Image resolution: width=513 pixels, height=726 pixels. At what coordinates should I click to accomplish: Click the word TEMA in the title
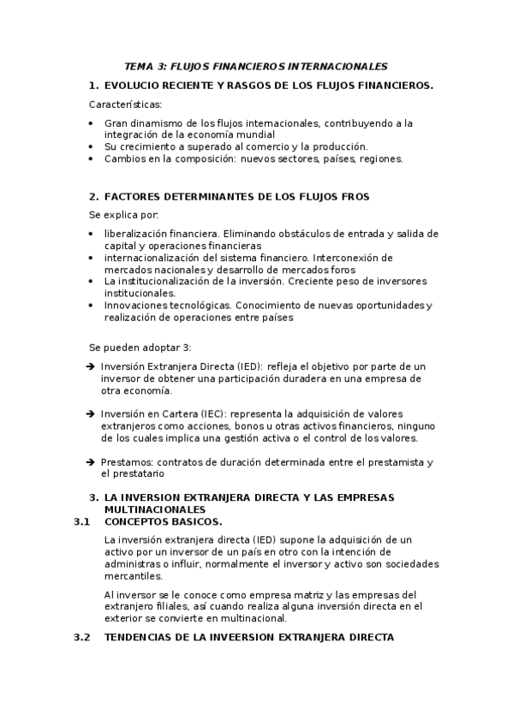click(139, 66)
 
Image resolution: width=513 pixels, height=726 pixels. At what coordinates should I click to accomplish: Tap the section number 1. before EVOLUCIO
click(94, 85)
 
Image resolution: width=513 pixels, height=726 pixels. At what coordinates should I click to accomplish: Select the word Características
click(125, 104)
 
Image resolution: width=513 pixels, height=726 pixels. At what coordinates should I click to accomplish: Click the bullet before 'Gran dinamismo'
click(92, 123)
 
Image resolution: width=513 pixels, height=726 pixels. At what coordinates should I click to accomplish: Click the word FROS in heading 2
click(355, 196)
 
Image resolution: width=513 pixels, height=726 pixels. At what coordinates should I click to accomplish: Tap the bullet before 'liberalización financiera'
click(92, 234)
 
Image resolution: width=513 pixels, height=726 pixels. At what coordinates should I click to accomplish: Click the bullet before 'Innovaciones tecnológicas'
click(92, 305)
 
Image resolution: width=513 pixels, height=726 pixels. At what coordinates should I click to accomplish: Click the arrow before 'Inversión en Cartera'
click(92, 414)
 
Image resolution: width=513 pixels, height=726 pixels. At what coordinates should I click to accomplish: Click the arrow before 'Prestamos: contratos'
click(92, 461)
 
